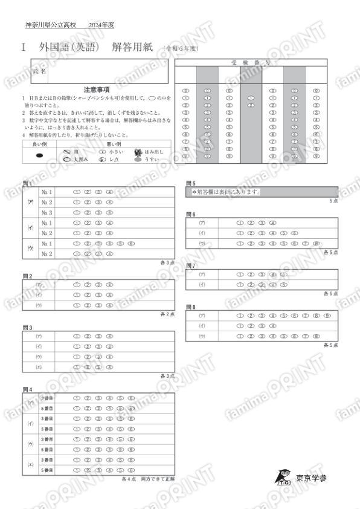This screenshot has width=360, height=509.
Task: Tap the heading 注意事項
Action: [97, 89]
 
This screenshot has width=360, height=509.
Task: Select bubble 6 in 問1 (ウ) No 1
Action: [131, 243]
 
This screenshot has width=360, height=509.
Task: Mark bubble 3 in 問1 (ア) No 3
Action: [98, 212]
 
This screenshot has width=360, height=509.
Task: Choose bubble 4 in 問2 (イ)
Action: [109, 294]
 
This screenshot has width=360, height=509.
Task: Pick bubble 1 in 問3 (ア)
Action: [77, 336]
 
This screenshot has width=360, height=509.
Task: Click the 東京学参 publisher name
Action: [311, 478]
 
